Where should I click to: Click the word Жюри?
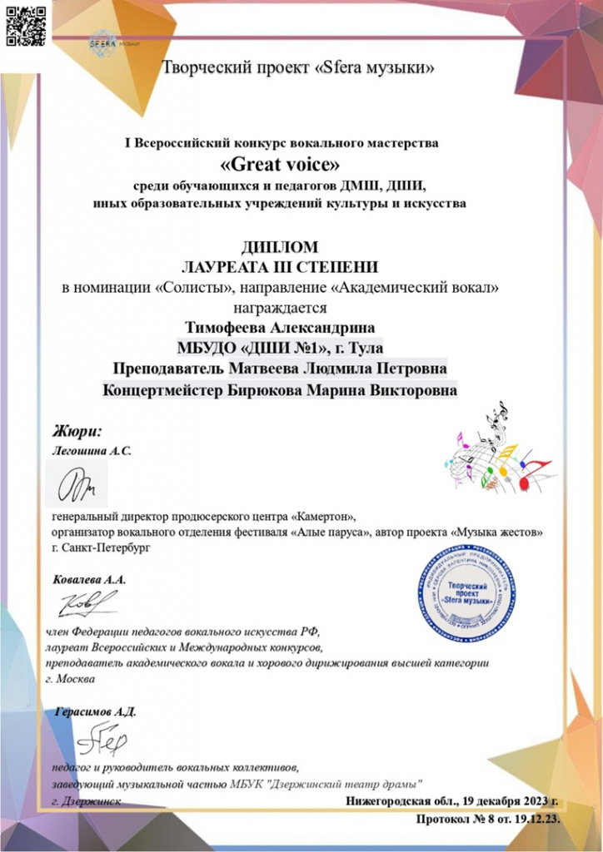pos(77,431)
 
